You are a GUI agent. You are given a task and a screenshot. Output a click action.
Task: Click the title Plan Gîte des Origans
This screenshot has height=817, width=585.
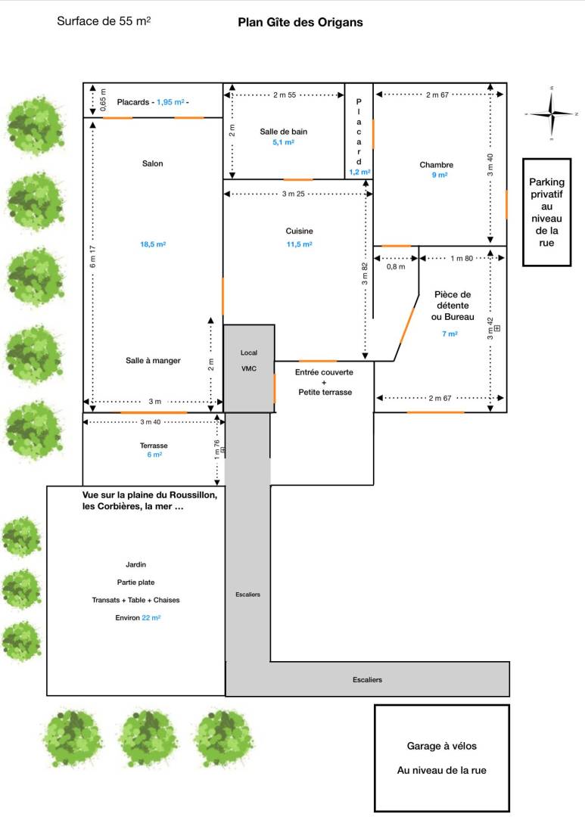tap(300, 23)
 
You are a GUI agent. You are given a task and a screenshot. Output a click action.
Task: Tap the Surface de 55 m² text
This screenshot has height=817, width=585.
tap(104, 21)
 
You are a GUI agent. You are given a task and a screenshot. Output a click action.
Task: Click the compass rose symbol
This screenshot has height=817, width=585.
tap(551, 113)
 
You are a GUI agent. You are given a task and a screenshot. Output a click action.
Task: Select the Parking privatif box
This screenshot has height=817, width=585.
tap(546, 213)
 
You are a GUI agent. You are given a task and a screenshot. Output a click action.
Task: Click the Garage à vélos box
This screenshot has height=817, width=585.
tap(441, 758)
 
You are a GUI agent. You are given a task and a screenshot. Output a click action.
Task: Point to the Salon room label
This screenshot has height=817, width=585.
tap(152, 163)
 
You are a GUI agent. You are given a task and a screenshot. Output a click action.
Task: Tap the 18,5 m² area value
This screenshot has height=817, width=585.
tap(153, 244)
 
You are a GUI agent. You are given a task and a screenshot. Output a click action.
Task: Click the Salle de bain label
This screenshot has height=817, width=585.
tap(284, 132)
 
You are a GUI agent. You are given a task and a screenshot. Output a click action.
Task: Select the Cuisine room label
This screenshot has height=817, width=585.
tap(300, 231)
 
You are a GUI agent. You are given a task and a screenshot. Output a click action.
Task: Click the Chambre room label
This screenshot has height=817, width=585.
tap(436, 165)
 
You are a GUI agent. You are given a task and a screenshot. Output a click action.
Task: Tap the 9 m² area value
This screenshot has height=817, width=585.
tap(440, 175)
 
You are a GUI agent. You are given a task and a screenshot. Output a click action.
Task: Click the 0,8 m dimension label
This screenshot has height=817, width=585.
tap(396, 266)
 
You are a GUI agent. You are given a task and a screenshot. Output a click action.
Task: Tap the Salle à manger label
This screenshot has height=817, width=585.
tap(153, 361)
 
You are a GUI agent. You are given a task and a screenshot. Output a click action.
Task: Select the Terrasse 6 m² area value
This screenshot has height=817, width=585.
tap(154, 455)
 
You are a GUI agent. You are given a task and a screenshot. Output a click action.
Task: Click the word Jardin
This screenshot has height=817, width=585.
tap(136, 564)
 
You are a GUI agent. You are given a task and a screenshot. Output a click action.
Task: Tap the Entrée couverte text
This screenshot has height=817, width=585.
tap(324, 372)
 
